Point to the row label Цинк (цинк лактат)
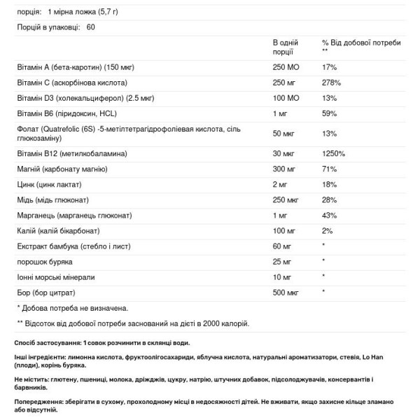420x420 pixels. click(49, 184)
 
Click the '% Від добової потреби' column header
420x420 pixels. click(361, 43)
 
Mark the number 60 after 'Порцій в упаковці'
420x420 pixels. click(91, 27)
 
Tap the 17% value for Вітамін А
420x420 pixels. click(329, 67)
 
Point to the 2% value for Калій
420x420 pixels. click(327, 230)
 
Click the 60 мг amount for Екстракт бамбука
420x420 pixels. click(282, 246)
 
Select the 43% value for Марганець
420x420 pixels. click(329, 215)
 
